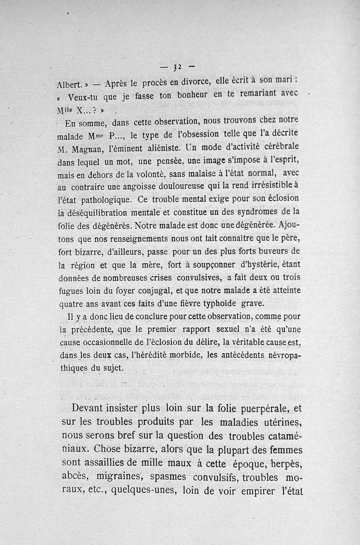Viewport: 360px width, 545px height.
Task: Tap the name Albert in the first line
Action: [x=69, y=85]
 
